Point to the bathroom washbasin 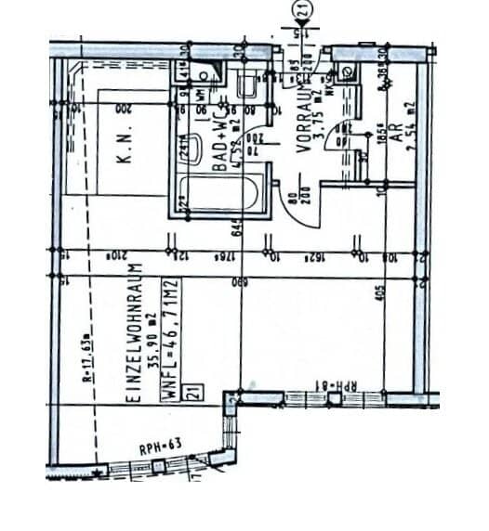click(246, 87)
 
